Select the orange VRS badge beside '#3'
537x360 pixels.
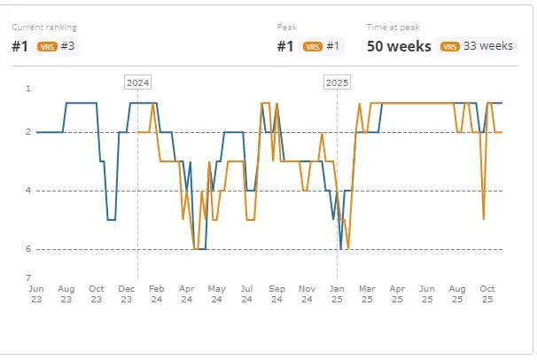pyautogui.click(x=47, y=46)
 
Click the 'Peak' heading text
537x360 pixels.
pyautogui.click(x=286, y=27)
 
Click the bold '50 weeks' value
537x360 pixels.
pyautogui.click(x=399, y=46)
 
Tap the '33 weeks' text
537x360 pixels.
pyautogui.click(x=489, y=46)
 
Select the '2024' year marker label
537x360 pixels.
pyautogui.click(x=137, y=82)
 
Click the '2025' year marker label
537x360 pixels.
pyautogui.click(x=337, y=82)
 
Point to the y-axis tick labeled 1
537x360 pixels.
pyautogui.click(x=28, y=89)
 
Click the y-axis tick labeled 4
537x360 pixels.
pyautogui.click(x=28, y=191)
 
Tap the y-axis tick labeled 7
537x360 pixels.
pyautogui.click(x=28, y=278)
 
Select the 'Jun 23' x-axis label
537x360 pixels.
pyautogui.click(x=36, y=293)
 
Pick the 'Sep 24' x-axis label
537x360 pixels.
pyautogui.click(x=276, y=293)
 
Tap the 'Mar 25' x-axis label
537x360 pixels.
pyautogui.click(x=367, y=293)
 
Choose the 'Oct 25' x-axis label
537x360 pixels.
pyautogui.click(x=487, y=293)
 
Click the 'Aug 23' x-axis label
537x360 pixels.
pyautogui.click(x=66, y=293)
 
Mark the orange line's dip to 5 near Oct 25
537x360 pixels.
pyautogui.click(x=483, y=218)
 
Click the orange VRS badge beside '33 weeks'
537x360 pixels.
pyautogui.click(x=450, y=46)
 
